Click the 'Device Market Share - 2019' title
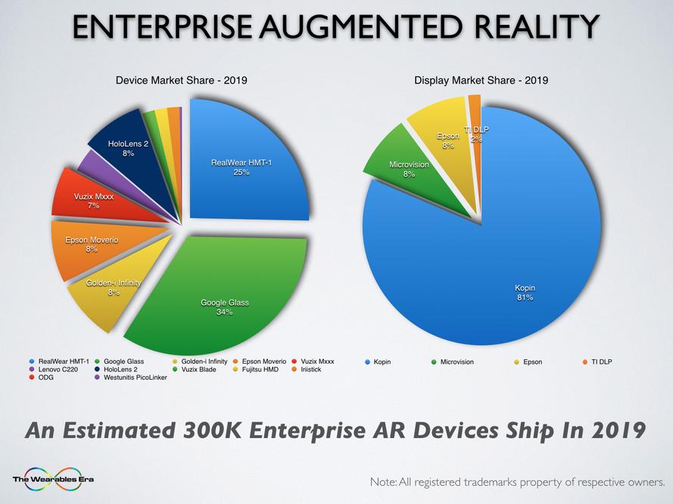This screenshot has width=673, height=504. [181, 80]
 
